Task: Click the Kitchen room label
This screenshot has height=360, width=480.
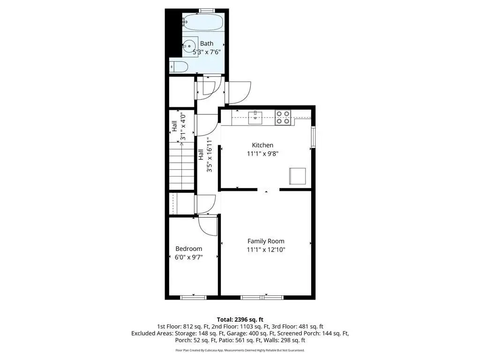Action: (262, 145)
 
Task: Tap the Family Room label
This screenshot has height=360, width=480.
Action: (266, 241)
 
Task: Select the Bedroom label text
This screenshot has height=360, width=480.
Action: (188, 249)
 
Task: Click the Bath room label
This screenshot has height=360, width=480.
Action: (207, 44)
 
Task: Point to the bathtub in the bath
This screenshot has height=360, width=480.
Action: (203, 22)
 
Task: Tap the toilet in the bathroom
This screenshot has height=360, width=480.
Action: (178, 67)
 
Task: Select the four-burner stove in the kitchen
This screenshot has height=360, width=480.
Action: (283, 117)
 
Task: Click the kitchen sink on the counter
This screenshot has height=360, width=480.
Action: (255, 118)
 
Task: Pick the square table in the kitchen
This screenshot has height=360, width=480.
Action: (297, 176)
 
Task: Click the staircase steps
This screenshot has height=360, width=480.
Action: (182, 165)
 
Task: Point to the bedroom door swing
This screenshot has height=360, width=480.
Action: (208, 225)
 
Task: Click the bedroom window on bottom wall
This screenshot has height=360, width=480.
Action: (193, 297)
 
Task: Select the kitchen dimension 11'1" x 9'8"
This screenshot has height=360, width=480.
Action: (262, 154)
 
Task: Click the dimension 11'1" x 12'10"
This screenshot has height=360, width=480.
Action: (266, 250)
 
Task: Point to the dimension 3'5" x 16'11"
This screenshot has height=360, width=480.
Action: (210, 155)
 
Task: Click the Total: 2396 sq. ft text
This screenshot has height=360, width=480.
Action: (240, 320)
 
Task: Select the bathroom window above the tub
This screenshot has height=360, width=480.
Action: (206, 11)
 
